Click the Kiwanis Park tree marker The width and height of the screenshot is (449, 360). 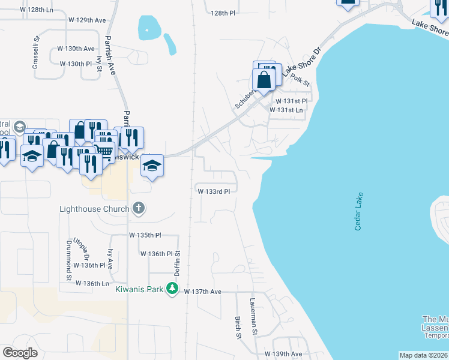point(173,289)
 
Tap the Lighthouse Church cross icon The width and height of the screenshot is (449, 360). point(138,209)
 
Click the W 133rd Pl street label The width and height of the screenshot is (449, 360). point(214,191)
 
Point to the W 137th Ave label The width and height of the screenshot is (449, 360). point(203,292)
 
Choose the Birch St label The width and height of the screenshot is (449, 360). point(238,327)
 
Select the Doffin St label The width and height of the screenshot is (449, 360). point(178,263)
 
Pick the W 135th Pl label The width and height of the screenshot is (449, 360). point(145,236)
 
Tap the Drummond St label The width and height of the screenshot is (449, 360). point(69,260)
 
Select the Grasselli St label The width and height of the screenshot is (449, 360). point(37,46)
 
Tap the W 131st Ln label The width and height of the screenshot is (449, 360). point(286,110)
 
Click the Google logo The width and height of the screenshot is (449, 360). point(20,353)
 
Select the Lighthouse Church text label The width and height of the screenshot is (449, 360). point(94,209)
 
